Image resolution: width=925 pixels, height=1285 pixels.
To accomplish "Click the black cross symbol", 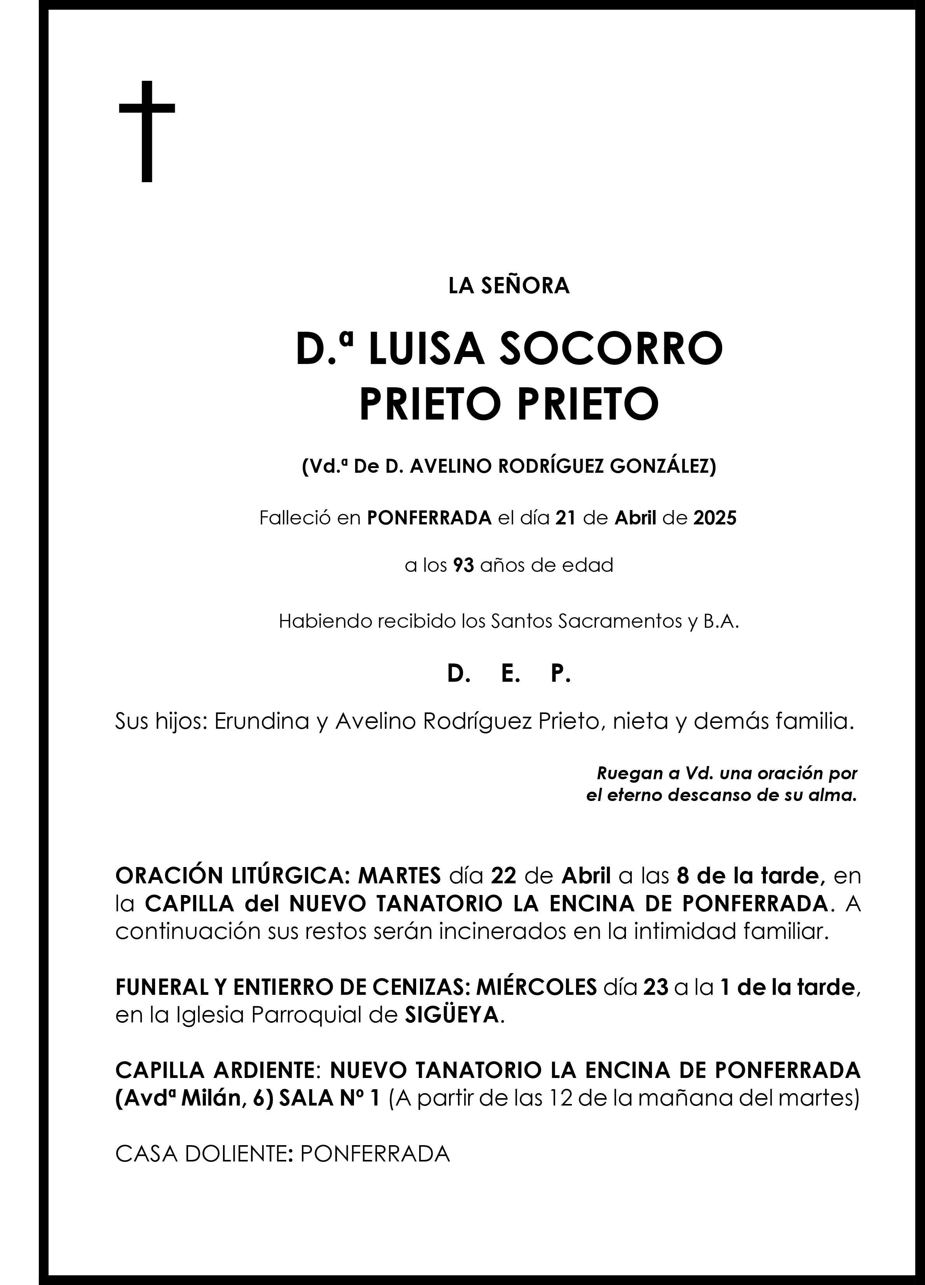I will (x=147, y=131).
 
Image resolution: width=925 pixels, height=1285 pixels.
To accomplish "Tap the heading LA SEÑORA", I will (x=509, y=286).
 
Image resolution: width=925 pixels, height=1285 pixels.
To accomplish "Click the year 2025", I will (x=715, y=518).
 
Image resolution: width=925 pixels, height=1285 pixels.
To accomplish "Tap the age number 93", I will (x=463, y=566).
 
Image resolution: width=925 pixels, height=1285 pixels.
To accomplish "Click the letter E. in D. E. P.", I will (x=510, y=674).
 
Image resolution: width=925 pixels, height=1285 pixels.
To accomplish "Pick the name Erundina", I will (x=261, y=721).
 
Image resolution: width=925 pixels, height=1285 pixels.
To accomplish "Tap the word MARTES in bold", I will (x=400, y=876).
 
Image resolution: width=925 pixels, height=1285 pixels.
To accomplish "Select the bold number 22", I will (x=503, y=876).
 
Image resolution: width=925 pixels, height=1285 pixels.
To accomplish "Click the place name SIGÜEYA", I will (x=452, y=1015).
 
